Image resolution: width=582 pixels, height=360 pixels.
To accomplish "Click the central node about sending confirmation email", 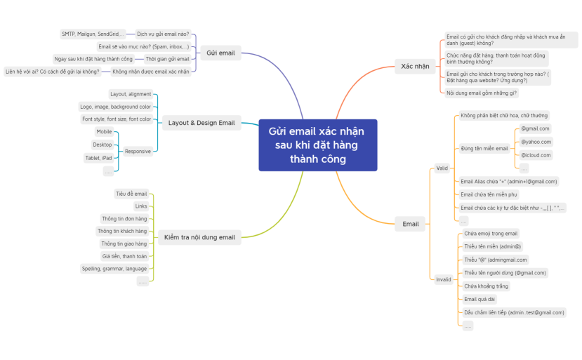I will point(317,145).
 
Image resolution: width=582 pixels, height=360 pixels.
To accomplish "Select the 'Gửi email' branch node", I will point(221,52).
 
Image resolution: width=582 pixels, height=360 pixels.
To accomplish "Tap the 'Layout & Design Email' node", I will point(201,123).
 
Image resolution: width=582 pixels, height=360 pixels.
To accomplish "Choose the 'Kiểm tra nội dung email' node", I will point(199,237).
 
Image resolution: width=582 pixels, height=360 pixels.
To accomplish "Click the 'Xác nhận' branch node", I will point(415,66).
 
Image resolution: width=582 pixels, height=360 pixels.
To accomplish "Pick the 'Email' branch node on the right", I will point(411,224).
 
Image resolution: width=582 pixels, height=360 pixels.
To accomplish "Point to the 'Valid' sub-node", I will point(442,168).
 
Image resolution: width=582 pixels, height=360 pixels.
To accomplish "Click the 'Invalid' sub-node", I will point(444,279).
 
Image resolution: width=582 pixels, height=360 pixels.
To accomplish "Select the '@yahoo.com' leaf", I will point(536,142).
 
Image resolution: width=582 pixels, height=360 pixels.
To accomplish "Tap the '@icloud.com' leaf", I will point(536,155).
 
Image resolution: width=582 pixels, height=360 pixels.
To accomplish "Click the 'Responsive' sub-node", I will point(138,151).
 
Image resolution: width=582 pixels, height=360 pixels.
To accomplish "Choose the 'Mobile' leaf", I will point(104,131).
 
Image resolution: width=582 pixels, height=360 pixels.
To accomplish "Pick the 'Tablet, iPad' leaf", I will point(98,158).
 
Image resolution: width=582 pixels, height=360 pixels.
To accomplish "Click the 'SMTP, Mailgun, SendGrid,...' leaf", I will point(93,33).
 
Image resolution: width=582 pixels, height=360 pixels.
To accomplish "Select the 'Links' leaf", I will point(141,206).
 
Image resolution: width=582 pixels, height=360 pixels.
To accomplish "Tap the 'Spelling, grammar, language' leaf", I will point(114,268).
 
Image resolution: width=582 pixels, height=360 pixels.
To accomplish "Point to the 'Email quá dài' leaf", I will point(480,299).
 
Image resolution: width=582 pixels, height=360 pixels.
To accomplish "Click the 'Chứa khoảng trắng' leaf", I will point(487,286).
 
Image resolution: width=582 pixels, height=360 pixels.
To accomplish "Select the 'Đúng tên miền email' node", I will point(484,149).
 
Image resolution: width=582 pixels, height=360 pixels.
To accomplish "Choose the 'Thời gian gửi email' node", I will point(167,59).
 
